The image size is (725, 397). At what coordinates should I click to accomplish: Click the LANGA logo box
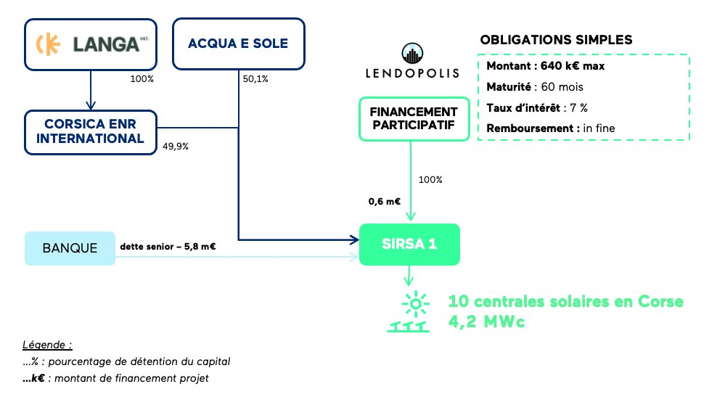coord(89,44)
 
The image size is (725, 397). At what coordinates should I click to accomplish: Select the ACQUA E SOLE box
coord(238,44)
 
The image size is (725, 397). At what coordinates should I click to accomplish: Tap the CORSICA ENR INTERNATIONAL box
coord(89,131)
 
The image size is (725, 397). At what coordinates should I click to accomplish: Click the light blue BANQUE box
coord(70,247)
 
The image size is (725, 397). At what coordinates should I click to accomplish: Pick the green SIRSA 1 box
coord(410,245)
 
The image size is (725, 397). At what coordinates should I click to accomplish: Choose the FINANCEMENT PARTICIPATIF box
coord(414,119)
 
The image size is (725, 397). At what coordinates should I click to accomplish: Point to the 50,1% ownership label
coord(255,79)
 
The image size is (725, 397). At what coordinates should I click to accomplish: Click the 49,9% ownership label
coord(176,146)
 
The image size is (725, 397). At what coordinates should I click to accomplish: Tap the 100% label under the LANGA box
coord(141,78)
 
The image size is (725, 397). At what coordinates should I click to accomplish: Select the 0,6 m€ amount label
coord(385,202)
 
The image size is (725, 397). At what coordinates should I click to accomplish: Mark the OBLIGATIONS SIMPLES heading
coord(556,38)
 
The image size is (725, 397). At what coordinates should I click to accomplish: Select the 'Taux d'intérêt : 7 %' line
coord(536,107)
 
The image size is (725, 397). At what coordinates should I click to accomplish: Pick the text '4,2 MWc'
coord(486,322)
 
